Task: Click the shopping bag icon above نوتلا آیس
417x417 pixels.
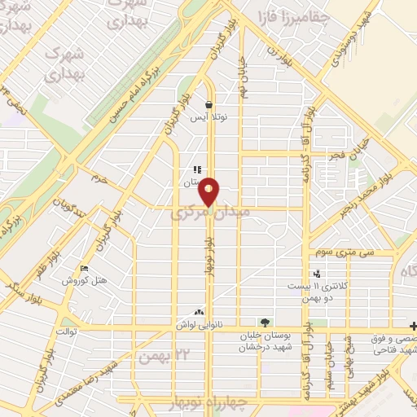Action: point(209,104)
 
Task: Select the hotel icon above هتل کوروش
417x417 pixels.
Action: point(84,269)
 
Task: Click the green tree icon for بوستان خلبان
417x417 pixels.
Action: point(264,323)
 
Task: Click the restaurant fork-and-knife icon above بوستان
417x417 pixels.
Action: point(197,169)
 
